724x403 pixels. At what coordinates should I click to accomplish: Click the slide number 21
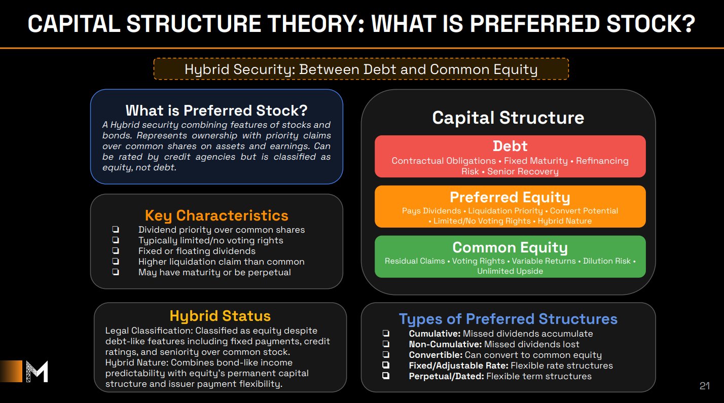coord(705,386)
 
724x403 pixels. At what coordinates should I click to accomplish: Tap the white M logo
coord(37,372)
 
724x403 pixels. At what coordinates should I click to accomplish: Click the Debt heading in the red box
coord(510,146)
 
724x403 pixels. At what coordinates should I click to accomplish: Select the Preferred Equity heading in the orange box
coord(510,198)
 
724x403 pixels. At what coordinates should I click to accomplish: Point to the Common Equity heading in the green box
coord(510,248)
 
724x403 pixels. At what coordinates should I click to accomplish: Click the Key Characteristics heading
coord(216,215)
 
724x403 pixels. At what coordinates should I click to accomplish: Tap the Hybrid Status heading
coord(220,316)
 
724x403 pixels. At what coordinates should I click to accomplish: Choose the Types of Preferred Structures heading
coord(508,319)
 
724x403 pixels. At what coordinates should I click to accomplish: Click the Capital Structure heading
coord(508,117)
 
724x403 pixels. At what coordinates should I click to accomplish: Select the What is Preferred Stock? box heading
coord(216,111)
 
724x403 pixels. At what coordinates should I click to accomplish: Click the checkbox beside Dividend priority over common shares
coord(116,230)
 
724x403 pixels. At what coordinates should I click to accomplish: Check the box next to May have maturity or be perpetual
coord(116,272)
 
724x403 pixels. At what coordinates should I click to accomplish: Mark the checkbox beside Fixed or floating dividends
coord(116,251)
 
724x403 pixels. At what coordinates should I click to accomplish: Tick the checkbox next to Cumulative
coord(386,333)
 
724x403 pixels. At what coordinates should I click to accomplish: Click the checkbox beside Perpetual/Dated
coord(386,376)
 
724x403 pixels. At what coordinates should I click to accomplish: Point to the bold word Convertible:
coord(436,355)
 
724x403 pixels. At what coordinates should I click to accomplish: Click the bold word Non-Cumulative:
coord(445,344)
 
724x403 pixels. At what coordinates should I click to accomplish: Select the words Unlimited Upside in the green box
coord(510,271)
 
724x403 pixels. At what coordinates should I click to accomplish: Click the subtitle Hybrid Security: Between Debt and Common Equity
coord(361,69)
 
